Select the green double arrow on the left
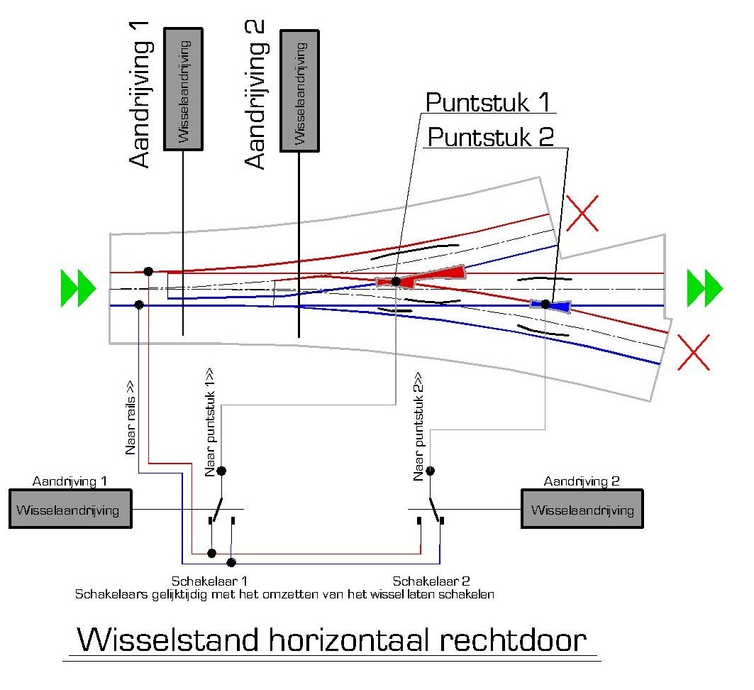78,287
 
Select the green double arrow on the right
704,287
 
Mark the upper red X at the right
582,213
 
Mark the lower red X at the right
694,352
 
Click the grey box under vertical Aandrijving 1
184,89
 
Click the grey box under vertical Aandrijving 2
300,90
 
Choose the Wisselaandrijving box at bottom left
70,509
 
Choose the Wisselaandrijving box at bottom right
582,509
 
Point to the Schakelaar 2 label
432,580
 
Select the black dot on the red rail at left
148,271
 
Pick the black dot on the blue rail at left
139,305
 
